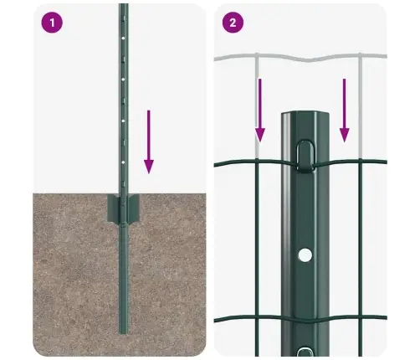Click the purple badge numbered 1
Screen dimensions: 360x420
(x=53, y=23)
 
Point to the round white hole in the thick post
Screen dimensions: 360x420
(x=305, y=253)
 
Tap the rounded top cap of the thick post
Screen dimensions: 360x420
(x=305, y=117)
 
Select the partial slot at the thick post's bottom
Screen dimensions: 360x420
(x=305, y=351)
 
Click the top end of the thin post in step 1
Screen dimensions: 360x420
(x=123, y=6)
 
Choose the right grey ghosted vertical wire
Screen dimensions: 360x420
(x=361, y=92)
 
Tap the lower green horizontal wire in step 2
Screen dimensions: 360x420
(x=251, y=318)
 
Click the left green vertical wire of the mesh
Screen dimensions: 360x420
(x=260, y=251)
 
